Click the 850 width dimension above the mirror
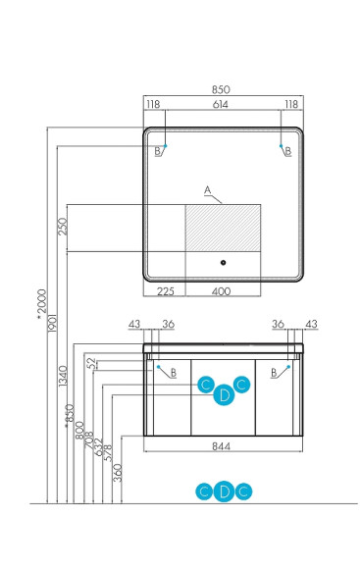221,89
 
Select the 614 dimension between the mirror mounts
221,105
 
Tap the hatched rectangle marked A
223,228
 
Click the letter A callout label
208,190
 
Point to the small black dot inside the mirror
223,262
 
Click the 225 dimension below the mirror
166,291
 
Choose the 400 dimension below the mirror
221,291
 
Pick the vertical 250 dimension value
63,226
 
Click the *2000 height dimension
42,304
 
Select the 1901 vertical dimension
52,323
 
